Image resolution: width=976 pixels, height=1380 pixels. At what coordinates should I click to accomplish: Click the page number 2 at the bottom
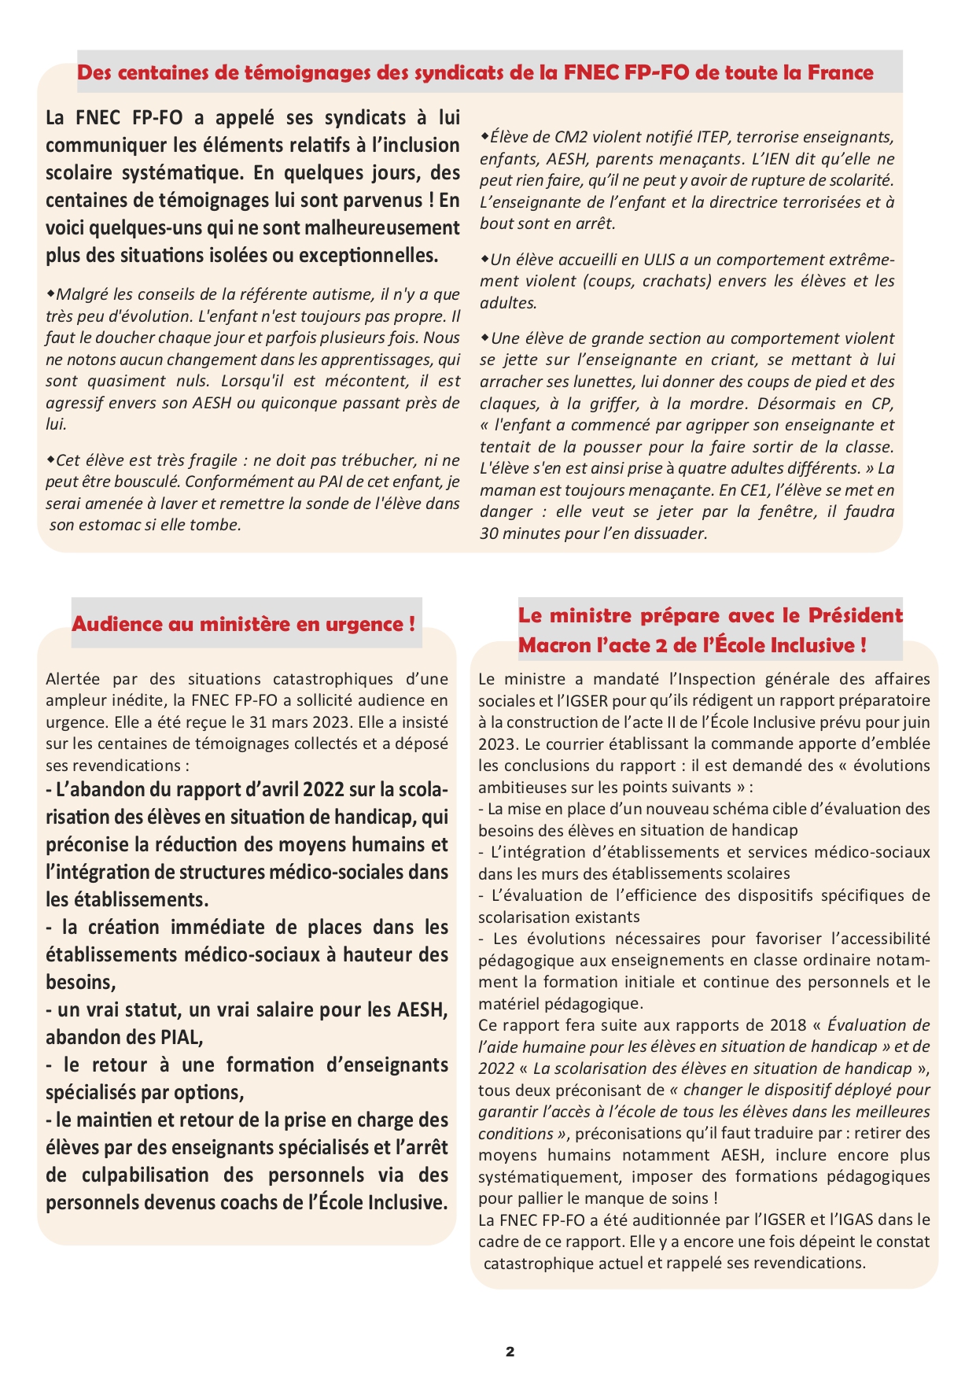(510, 1352)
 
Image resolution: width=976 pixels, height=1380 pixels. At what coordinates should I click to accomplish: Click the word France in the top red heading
(841, 73)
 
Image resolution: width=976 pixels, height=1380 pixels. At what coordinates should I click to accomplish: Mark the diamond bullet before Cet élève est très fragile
(50, 459)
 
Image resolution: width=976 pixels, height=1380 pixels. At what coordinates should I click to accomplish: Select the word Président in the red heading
(855, 616)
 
